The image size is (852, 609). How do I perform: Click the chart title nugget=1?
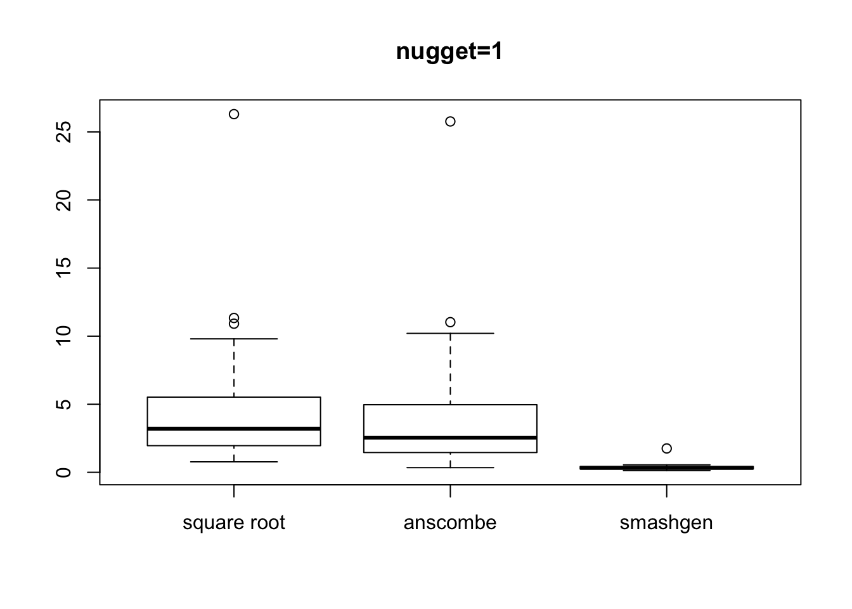coord(449,51)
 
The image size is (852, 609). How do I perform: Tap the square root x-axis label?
coord(234,523)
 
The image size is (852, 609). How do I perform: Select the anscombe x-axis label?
coord(450,523)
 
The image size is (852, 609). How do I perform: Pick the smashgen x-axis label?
coord(666,523)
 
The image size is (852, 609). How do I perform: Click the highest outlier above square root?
coord(234,114)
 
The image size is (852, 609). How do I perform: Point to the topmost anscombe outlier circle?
coord(450,121)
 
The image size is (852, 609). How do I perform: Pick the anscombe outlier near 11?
coord(450,322)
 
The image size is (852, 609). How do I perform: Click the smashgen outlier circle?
coord(666,449)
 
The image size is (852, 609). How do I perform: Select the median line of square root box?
coord(234,429)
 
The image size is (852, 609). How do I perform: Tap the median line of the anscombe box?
coord(450,438)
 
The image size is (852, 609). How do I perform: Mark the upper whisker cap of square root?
coord(234,339)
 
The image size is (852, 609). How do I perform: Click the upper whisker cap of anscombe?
coord(450,333)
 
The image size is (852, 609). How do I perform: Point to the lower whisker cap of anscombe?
coord(450,468)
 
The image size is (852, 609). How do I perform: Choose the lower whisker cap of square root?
coord(234,462)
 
